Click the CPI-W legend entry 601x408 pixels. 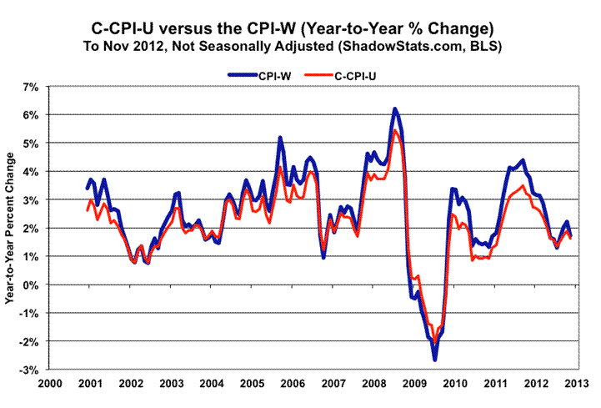[258, 75]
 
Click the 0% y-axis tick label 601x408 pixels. [33, 285]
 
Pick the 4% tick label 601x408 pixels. [33, 171]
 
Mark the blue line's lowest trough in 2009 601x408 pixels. [434, 360]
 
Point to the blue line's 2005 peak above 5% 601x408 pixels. [280, 138]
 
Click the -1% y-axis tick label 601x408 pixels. [32, 313]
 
